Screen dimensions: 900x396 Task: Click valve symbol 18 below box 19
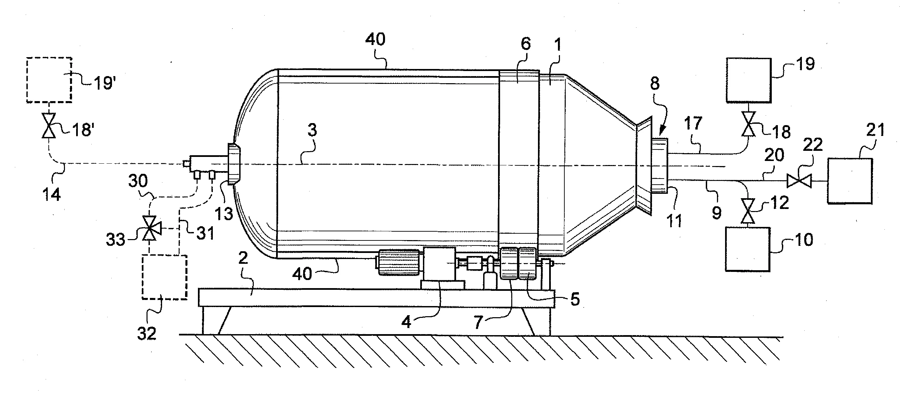748,124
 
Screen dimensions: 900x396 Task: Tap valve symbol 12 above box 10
748,211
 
